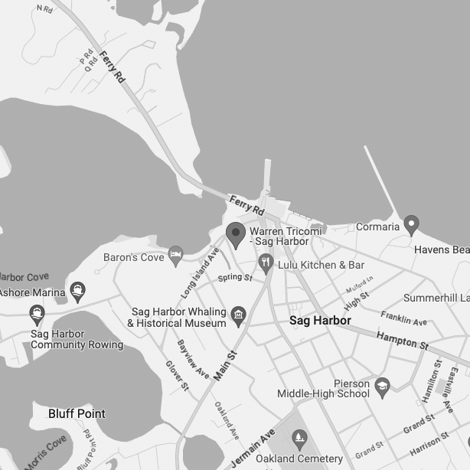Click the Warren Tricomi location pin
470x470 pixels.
pyautogui.click(x=236, y=234)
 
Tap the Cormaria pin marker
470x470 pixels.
pyautogui.click(x=412, y=225)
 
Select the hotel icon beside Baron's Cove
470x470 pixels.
pyautogui.click(x=176, y=255)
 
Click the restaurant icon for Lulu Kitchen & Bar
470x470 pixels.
pyautogui.click(x=266, y=264)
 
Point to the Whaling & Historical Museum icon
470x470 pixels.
pyautogui.click(x=239, y=314)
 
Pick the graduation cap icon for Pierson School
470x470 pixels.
pyautogui.click(x=382, y=388)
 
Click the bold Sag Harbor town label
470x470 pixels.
pyautogui.click(x=320, y=320)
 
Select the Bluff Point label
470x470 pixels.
pyautogui.click(x=77, y=413)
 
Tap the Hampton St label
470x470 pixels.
pyautogui.click(x=402, y=341)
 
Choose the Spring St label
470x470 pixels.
pyautogui.click(x=234, y=277)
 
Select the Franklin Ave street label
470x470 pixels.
pyautogui.click(x=403, y=317)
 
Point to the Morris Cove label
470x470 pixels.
pyautogui.click(x=45, y=454)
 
